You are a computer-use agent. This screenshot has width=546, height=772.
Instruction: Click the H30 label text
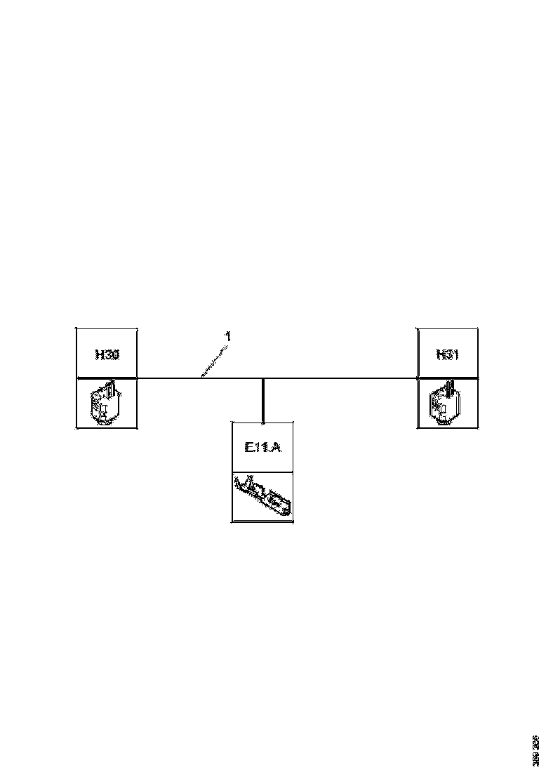pyautogui.click(x=107, y=354)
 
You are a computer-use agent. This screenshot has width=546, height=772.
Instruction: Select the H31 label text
pyautogui.click(x=447, y=354)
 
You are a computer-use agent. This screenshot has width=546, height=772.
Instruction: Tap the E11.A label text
pyautogui.click(x=263, y=447)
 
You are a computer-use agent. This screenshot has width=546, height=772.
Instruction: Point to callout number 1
pyautogui.click(x=227, y=337)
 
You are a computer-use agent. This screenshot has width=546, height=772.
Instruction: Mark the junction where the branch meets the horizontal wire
pyautogui.click(x=263, y=378)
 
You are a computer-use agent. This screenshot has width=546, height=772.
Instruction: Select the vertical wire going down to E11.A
pyautogui.click(x=263, y=400)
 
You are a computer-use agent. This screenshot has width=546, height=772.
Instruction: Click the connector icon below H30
pyautogui.click(x=106, y=404)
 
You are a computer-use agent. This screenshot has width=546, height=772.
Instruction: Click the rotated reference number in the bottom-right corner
pyautogui.click(x=536, y=750)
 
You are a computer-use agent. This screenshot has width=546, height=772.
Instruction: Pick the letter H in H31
pyautogui.click(x=440, y=354)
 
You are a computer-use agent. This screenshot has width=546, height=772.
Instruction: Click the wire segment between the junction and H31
pyautogui.click(x=340, y=378)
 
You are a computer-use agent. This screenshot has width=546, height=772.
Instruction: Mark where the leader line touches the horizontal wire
pyautogui.click(x=202, y=378)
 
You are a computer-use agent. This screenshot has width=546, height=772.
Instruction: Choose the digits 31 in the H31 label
pyautogui.click(x=452, y=354)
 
